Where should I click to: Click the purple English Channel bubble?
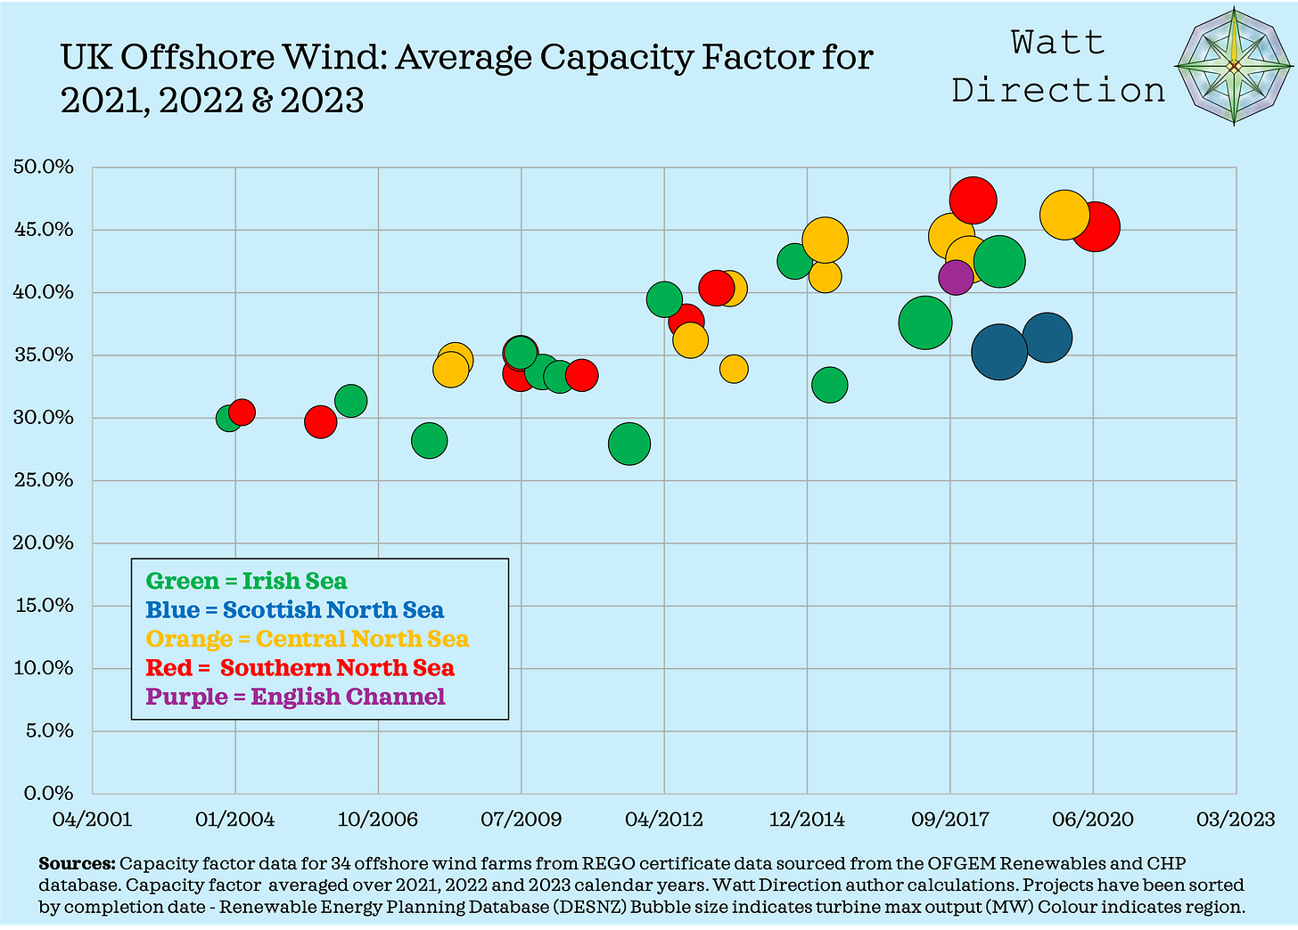click(955, 277)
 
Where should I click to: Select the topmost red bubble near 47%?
click(973, 200)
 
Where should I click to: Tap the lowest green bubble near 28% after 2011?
click(629, 444)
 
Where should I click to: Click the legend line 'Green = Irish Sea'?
click(246, 582)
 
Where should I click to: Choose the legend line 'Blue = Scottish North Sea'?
click(294, 610)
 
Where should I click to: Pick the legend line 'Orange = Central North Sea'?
click(307, 640)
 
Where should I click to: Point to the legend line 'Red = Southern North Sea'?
click(300, 668)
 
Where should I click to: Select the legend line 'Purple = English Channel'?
click(295, 697)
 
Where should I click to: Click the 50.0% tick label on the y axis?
click(43, 167)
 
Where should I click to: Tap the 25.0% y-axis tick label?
click(43, 480)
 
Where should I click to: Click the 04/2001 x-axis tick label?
click(93, 819)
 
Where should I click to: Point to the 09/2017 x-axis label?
click(950, 819)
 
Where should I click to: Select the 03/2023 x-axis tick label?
click(1236, 819)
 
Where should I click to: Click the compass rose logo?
click(1233, 67)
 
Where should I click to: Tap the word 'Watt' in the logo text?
click(1058, 43)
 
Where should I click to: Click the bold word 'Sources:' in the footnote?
click(77, 864)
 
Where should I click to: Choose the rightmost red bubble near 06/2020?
click(1095, 227)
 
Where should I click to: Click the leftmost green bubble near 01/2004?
click(228, 418)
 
